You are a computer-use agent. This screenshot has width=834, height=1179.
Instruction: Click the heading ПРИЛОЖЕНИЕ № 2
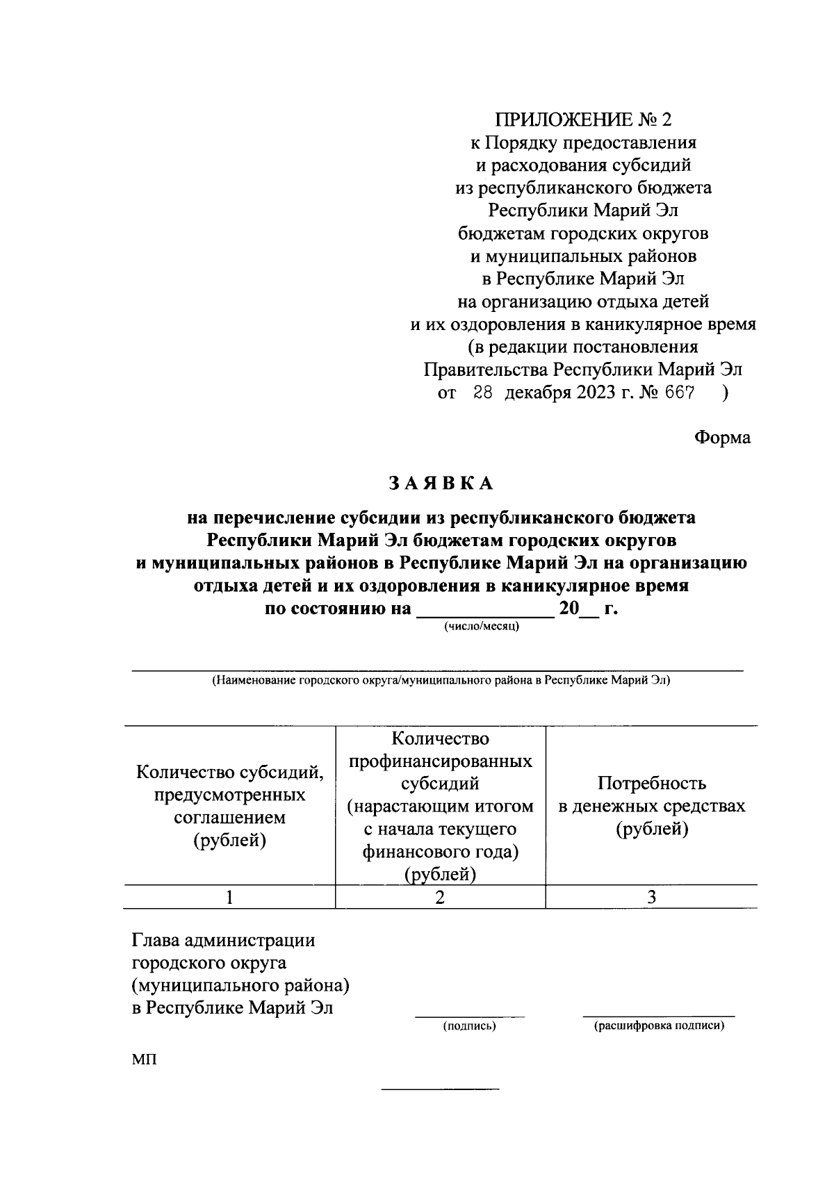point(582,120)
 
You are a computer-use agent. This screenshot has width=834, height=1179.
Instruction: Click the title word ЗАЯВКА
point(441,484)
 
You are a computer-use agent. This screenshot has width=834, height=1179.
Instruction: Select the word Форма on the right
point(722,438)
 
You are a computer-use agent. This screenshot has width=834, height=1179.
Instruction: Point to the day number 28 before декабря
point(482,393)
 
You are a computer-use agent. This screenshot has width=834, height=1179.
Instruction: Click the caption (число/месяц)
point(482,627)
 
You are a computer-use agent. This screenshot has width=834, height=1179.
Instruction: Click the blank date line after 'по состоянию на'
point(484,614)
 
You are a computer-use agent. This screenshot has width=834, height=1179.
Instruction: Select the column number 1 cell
point(229,897)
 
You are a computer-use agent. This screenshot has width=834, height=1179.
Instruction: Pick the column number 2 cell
point(440,897)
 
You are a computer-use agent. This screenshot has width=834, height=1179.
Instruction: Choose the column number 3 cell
point(651,897)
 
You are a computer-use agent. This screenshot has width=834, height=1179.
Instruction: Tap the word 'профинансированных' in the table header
point(440,761)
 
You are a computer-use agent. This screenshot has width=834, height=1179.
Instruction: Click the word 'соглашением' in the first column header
point(229,818)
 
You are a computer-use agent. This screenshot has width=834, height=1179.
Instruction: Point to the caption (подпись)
point(470,1026)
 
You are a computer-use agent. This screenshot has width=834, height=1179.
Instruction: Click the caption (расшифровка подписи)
point(658,1026)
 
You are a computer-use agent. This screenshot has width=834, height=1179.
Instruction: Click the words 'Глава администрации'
point(223,941)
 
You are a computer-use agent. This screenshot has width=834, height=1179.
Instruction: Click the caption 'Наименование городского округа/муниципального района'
point(441,681)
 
